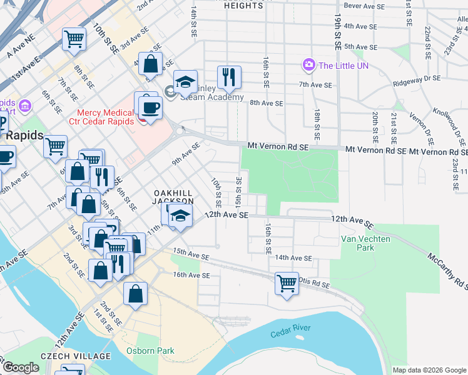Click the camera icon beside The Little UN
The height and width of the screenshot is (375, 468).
[x=308, y=65]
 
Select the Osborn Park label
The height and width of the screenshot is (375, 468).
[x=150, y=351]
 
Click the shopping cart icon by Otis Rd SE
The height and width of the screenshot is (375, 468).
[x=287, y=283]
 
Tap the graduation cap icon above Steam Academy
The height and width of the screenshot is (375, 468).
[x=185, y=82]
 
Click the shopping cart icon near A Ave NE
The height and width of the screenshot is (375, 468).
[x=74, y=39]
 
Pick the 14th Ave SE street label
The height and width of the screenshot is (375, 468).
[x=293, y=257]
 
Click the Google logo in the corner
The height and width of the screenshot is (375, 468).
[x=22, y=367]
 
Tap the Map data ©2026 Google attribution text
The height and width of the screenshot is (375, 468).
[x=429, y=370]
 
